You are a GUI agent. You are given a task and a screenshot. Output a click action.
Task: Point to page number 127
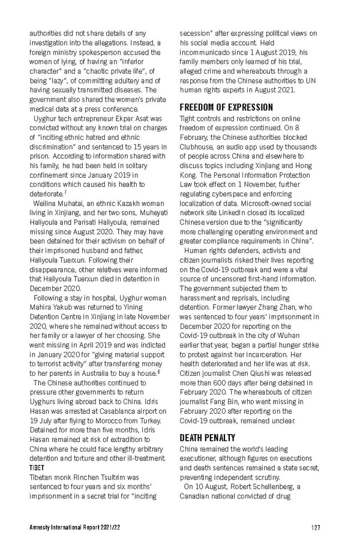[316, 528]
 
